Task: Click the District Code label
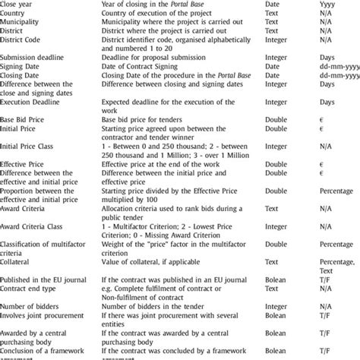click(24, 40)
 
